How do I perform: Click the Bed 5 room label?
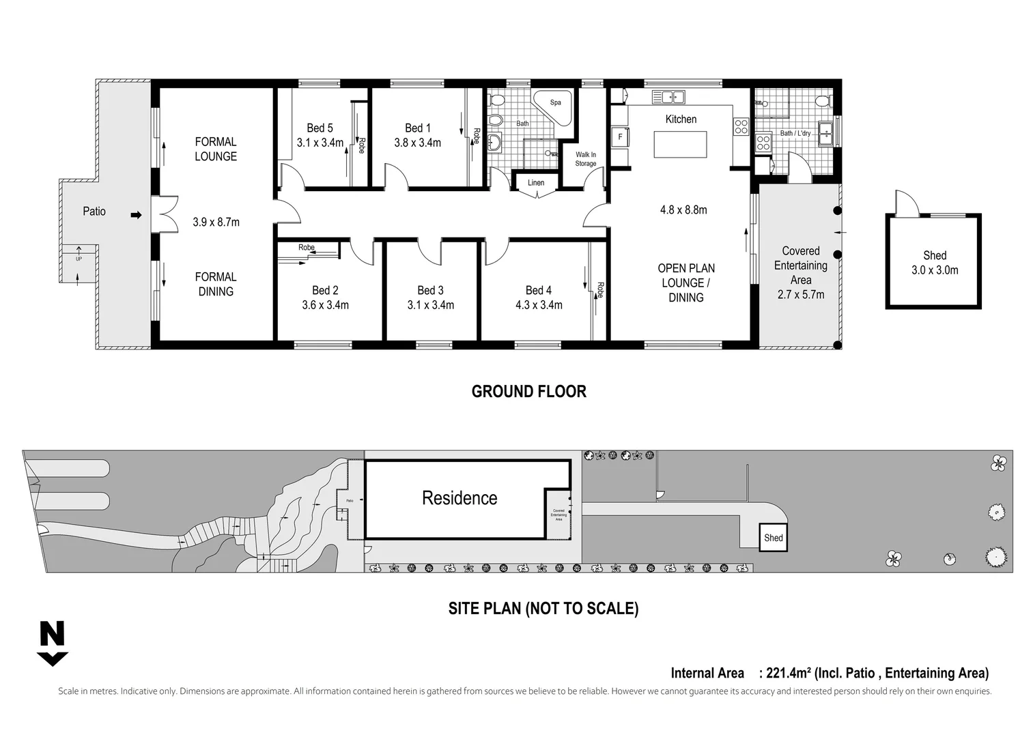(320, 128)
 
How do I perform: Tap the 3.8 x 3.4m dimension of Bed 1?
(417, 143)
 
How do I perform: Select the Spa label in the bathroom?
(555, 102)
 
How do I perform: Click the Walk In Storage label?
(585, 159)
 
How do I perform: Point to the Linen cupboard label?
(536, 182)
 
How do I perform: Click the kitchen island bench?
(680, 144)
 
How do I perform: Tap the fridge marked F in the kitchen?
(620, 136)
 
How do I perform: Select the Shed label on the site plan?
(773, 538)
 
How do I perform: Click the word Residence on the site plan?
(459, 498)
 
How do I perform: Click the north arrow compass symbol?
(52, 644)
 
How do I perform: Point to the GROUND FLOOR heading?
(528, 391)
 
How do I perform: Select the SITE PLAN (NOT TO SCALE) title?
(543, 608)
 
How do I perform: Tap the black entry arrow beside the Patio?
(136, 215)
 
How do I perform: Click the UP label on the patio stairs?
(79, 259)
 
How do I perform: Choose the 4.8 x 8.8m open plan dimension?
(683, 209)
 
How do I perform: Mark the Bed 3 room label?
(430, 291)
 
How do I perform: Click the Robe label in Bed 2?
(306, 247)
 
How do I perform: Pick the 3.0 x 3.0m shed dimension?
(934, 270)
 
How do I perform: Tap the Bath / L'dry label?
(795, 133)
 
